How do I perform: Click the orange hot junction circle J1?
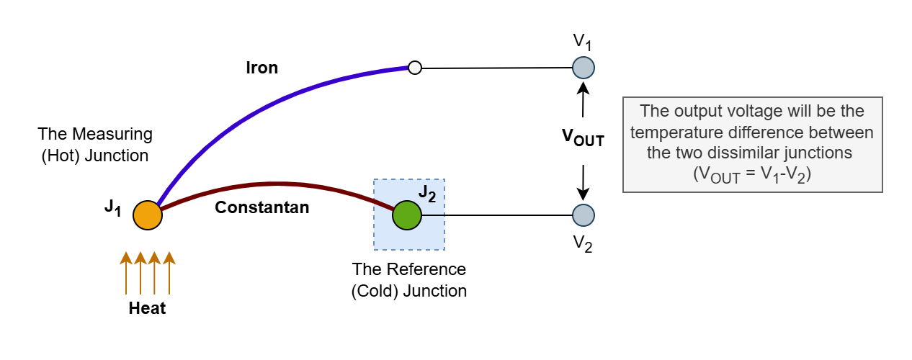tap(147, 215)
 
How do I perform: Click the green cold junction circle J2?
tap(407, 215)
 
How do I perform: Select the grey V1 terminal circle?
tap(583, 68)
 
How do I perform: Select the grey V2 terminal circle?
tap(583, 215)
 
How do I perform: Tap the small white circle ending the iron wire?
tap(414, 68)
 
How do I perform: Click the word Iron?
tap(261, 68)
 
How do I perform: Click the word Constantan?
tap(262, 208)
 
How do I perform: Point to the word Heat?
tap(147, 309)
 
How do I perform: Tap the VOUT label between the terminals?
tap(583, 139)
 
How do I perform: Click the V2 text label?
tap(583, 245)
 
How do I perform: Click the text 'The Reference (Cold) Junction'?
tap(408, 280)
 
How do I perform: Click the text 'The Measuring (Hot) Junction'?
tap(95, 144)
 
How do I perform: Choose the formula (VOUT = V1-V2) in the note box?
tap(752, 174)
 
